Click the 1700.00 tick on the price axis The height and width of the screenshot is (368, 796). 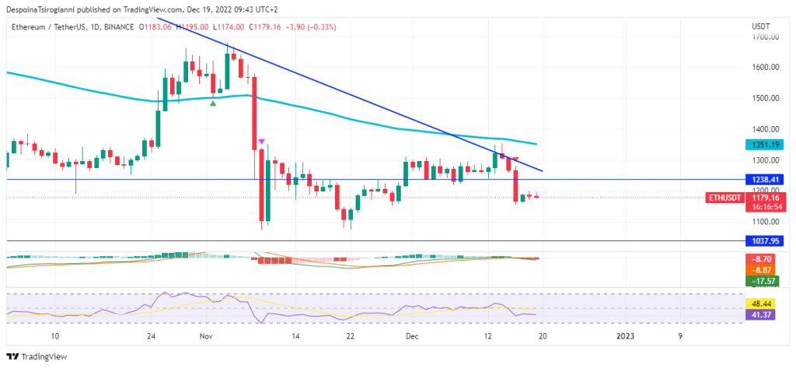point(766,37)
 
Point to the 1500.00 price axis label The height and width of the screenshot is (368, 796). point(766,98)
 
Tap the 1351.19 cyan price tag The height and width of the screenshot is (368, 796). point(765,145)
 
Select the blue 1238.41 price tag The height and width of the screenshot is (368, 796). point(765,179)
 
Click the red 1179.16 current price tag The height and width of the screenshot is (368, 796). point(765,198)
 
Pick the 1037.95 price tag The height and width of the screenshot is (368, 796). point(765,242)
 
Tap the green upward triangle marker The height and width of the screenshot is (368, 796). point(213,103)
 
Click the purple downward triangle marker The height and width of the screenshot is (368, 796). point(262,141)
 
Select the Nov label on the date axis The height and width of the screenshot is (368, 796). point(206,336)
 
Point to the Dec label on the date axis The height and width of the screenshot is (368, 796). point(412,336)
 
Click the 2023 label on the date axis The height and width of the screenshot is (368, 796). point(626,336)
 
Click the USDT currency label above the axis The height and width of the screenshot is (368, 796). point(761,26)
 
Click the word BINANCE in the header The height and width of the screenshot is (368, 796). point(115,26)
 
